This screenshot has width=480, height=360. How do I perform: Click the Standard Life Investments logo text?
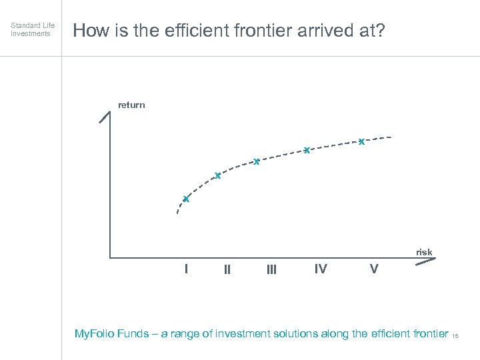click(x=33, y=29)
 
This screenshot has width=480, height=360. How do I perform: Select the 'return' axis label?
click(x=131, y=105)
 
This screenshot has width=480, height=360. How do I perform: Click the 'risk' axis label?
click(x=424, y=252)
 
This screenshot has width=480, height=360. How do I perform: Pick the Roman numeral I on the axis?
click(x=186, y=269)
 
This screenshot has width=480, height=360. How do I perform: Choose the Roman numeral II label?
click(x=227, y=269)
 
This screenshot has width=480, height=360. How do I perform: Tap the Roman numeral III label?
click(x=271, y=269)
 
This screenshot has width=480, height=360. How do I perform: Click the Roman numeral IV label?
click(x=321, y=269)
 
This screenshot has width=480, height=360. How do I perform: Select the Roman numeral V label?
click(x=374, y=269)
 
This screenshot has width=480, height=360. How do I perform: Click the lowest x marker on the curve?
click(x=187, y=199)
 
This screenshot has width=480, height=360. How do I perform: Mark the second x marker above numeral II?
click(x=217, y=176)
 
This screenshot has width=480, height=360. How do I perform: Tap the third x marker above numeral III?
click(x=256, y=161)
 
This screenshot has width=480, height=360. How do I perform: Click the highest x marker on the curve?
click(x=361, y=141)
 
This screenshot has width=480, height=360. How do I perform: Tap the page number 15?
click(x=456, y=336)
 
